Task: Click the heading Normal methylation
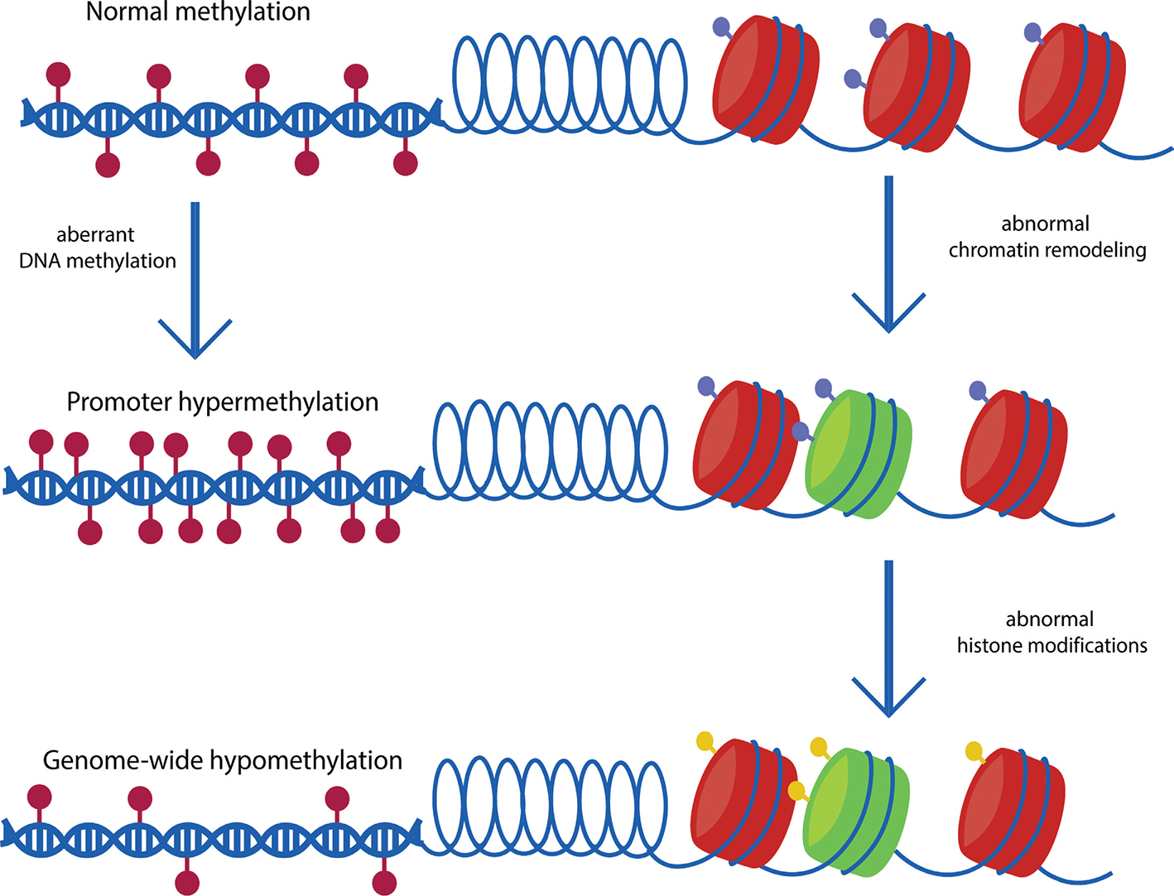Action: pos(198,12)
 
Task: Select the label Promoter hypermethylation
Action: pos(222,402)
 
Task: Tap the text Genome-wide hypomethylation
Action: pos(222,760)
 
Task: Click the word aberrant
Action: pos(95,235)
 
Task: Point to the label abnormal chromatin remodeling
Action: pos(1046,237)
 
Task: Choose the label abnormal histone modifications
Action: pos(1051,633)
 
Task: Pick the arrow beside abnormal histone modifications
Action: pos(888,638)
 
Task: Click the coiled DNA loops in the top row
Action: pos(570,83)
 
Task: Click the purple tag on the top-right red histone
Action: pos(1033,33)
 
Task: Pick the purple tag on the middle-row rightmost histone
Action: pos(978,390)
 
